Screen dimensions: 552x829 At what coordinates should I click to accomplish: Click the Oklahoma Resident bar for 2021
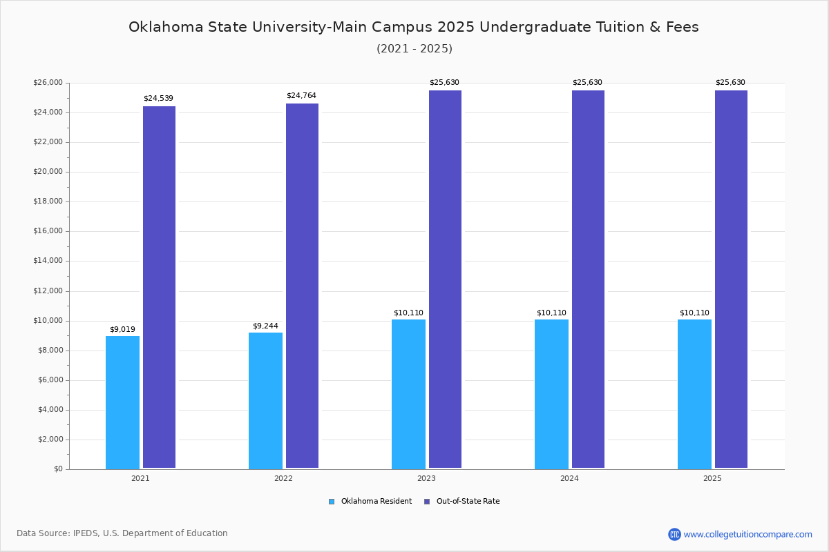pyautogui.click(x=122, y=402)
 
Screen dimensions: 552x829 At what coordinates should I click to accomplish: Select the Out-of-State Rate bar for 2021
pyautogui.click(x=159, y=287)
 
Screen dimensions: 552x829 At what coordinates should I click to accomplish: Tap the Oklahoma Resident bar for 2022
pyautogui.click(x=265, y=400)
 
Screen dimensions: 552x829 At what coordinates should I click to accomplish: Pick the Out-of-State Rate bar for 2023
pyautogui.click(x=445, y=279)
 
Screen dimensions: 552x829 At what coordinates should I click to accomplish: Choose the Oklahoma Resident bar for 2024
pyautogui.click(x=551, y=394)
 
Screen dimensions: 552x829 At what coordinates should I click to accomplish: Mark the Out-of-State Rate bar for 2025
pyautogui.click(x=731, y=279)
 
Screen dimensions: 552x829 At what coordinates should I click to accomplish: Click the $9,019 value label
pyautogui.click(x=122, y=329)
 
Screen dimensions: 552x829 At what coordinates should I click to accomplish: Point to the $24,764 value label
pyautogui.click(x=301, y=95)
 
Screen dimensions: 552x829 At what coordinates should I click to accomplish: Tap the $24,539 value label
pyautogui.click(x=158, y=98)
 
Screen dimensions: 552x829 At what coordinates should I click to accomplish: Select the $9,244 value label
pyautogui.click(x=265, y=326)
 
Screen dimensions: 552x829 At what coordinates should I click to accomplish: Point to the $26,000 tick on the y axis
pyautogui.click(x=48, y=83)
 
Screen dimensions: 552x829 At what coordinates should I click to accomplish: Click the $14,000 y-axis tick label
pyautogui.click(x=48, y=261)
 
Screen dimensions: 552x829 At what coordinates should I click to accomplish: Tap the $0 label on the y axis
pyautogui.click(x=58, y=469)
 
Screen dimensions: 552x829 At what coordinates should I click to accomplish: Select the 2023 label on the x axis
pyautogui.click(x=426, y=478)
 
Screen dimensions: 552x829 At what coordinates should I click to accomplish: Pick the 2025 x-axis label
pyautogui.click(x=712, y=478)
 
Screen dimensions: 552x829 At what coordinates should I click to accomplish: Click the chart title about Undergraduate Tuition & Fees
pyautogui.click(x=414, y=27)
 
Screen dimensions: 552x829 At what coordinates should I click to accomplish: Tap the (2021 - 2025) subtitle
pyautogui.click(x=414, y=48)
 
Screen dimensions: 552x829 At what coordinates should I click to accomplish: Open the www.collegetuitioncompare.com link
pyautogui.click(x=747, y=534)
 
